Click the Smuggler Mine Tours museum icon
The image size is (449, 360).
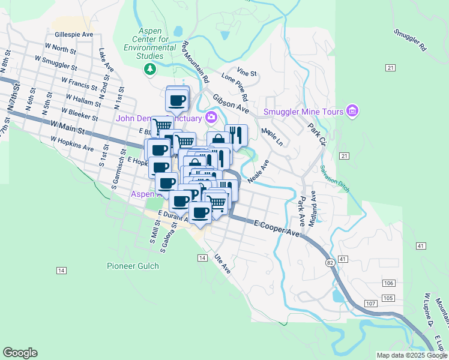[352, 111]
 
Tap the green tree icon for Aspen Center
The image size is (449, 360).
[150, 70]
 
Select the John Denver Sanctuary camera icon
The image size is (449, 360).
[211, 116]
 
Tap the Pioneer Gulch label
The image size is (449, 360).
[133, 266]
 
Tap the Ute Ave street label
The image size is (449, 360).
[223, 263]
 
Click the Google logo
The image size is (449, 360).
[20, 353]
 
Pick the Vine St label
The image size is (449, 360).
[247, 73]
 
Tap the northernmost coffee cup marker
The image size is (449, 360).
[177, 100]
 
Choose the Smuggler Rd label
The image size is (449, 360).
[410, 40]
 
